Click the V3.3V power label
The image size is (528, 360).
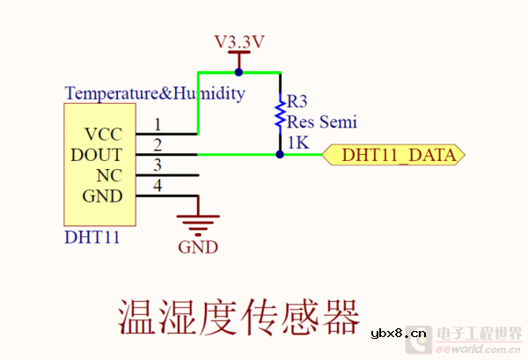click(x=239, y=41)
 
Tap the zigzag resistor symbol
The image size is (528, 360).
click(x=280, y=113)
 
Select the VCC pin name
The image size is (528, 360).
click(x=104, y=135)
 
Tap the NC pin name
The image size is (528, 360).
click(x=109, y=175)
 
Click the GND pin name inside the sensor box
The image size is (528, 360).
click(x=103, y=195)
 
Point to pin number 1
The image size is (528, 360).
click(x=158, y=126)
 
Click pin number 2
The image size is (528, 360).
click(x=158, y=145)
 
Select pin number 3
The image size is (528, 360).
click(x=158, y=165)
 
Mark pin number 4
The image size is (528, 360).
click(x=158, y=186)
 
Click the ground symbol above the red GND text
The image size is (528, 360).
click(x=198, y=224)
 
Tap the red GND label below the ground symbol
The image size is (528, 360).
click(x=198, y=247)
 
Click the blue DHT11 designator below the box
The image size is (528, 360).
click(x=92, y=238)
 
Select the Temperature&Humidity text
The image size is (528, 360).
click(x=155, y=92)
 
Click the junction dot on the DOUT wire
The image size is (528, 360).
click(x=280, y=154)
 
